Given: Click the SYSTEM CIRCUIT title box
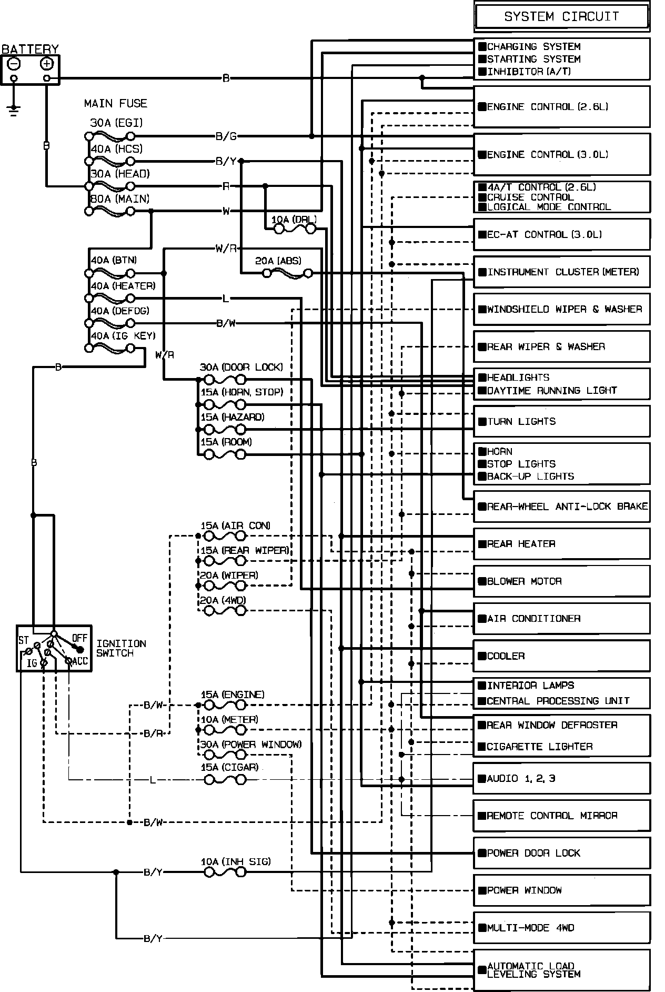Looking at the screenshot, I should tap(561, 17).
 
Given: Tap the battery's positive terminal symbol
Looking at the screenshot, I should tap(47, 64).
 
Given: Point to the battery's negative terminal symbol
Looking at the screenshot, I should tap(14, 64).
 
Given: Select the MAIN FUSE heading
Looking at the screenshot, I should tap(115, 103).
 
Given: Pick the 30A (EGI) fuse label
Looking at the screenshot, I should tap(116, 123).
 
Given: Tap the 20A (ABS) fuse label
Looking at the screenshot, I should tap(278, 261).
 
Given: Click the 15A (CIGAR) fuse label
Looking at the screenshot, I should tap(229, 767).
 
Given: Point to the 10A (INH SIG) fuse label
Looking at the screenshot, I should tap(236, 862).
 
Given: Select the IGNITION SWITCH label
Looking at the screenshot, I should tap(121, 648).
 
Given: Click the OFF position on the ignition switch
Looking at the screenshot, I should tap(79, 639).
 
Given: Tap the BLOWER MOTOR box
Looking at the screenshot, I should tap(561, 581).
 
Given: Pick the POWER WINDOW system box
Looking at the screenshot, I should tap(561, 890).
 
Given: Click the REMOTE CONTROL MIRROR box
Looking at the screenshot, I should tap(561, 816).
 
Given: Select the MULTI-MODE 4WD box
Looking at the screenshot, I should tap(561, 928).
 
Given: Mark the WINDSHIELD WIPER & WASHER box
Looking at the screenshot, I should tap(561, 309).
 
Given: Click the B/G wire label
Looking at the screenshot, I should tap(226, 136).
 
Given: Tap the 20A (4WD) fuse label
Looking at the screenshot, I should tap(223, 601).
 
